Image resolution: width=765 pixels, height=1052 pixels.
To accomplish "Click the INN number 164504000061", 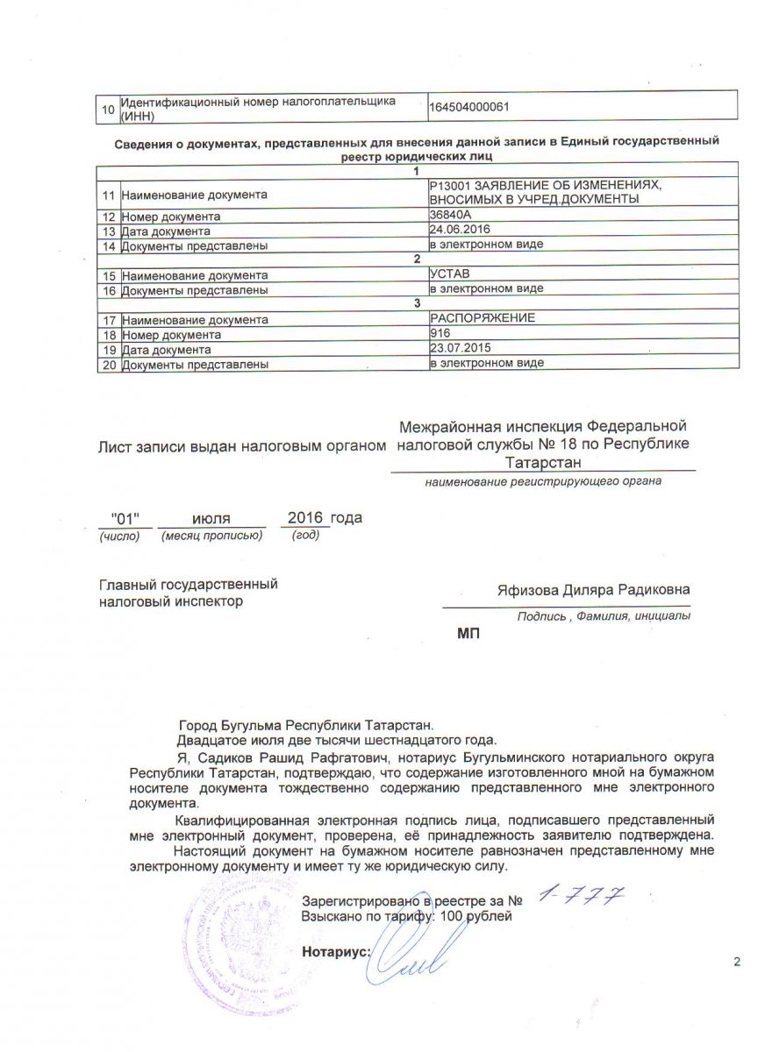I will (x=470, y=107).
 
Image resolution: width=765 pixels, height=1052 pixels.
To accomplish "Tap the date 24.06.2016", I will (x=459, y=230).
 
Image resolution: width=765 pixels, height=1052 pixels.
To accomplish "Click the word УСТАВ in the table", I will (x=450, y=274).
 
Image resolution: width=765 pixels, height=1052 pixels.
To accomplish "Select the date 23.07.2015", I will (x=459, y=348).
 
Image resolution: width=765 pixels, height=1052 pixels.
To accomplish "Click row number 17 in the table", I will (x=109, y=320).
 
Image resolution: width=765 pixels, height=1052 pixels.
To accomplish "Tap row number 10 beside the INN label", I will (x=108, y=110).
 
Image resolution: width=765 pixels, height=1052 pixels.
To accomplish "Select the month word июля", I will (x=211, y=519).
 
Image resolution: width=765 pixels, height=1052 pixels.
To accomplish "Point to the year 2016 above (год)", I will (x=305, y=517).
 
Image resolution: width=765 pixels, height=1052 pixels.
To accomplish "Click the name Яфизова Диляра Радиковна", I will (x=593, y=589).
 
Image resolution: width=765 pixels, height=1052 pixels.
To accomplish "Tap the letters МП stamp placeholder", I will (x=469, y=635).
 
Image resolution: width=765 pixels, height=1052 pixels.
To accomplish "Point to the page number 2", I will (x=737, y=963).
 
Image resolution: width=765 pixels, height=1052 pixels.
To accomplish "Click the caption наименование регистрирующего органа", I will (x=542, y=481).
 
